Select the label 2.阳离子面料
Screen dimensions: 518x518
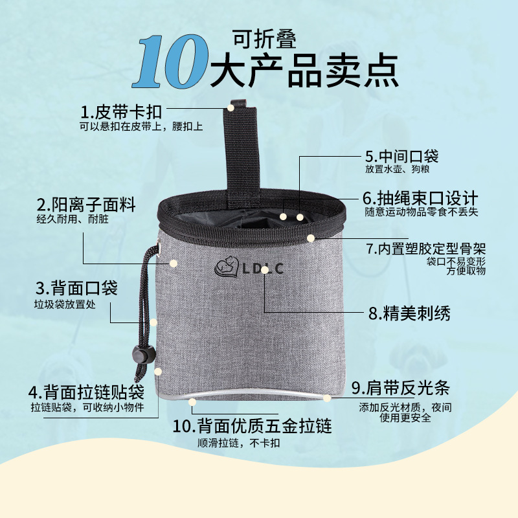86,206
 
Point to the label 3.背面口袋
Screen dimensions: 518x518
76,288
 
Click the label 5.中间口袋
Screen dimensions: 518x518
401,156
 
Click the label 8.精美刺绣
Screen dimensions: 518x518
409,314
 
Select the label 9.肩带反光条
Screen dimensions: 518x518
400,388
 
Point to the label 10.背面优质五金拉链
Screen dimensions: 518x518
253,426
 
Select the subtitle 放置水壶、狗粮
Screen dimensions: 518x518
398,170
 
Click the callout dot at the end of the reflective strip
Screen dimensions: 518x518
328,397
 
